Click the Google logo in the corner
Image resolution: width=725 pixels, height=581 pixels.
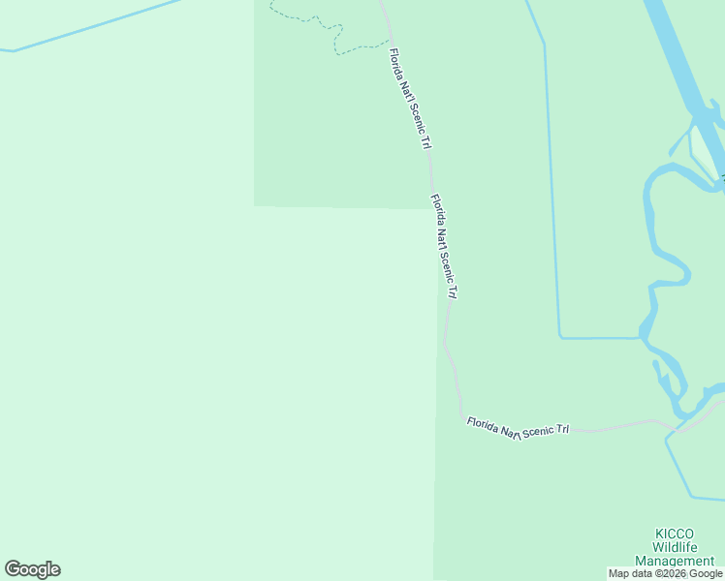(x=32, y=569)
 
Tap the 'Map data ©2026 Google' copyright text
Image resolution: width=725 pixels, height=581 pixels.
(x=666, y=573)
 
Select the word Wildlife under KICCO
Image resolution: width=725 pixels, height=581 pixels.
(x=675, y=547)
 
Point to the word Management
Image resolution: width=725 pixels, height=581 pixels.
(x=675, y=561)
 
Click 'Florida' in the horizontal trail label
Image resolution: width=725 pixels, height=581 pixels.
(x=484, y=424)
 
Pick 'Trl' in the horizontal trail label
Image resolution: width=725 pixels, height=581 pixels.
(x=563, y=429)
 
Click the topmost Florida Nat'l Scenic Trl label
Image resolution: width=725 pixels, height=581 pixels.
(x=408, y=100)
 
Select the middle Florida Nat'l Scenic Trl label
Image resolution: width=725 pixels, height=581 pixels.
(x=443, y=246)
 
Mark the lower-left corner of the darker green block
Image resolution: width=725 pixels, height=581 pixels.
(x=255, y=205)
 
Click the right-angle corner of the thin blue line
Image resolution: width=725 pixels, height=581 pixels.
(x=560, y=337)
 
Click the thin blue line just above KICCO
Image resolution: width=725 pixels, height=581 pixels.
(x=678, y=474)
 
